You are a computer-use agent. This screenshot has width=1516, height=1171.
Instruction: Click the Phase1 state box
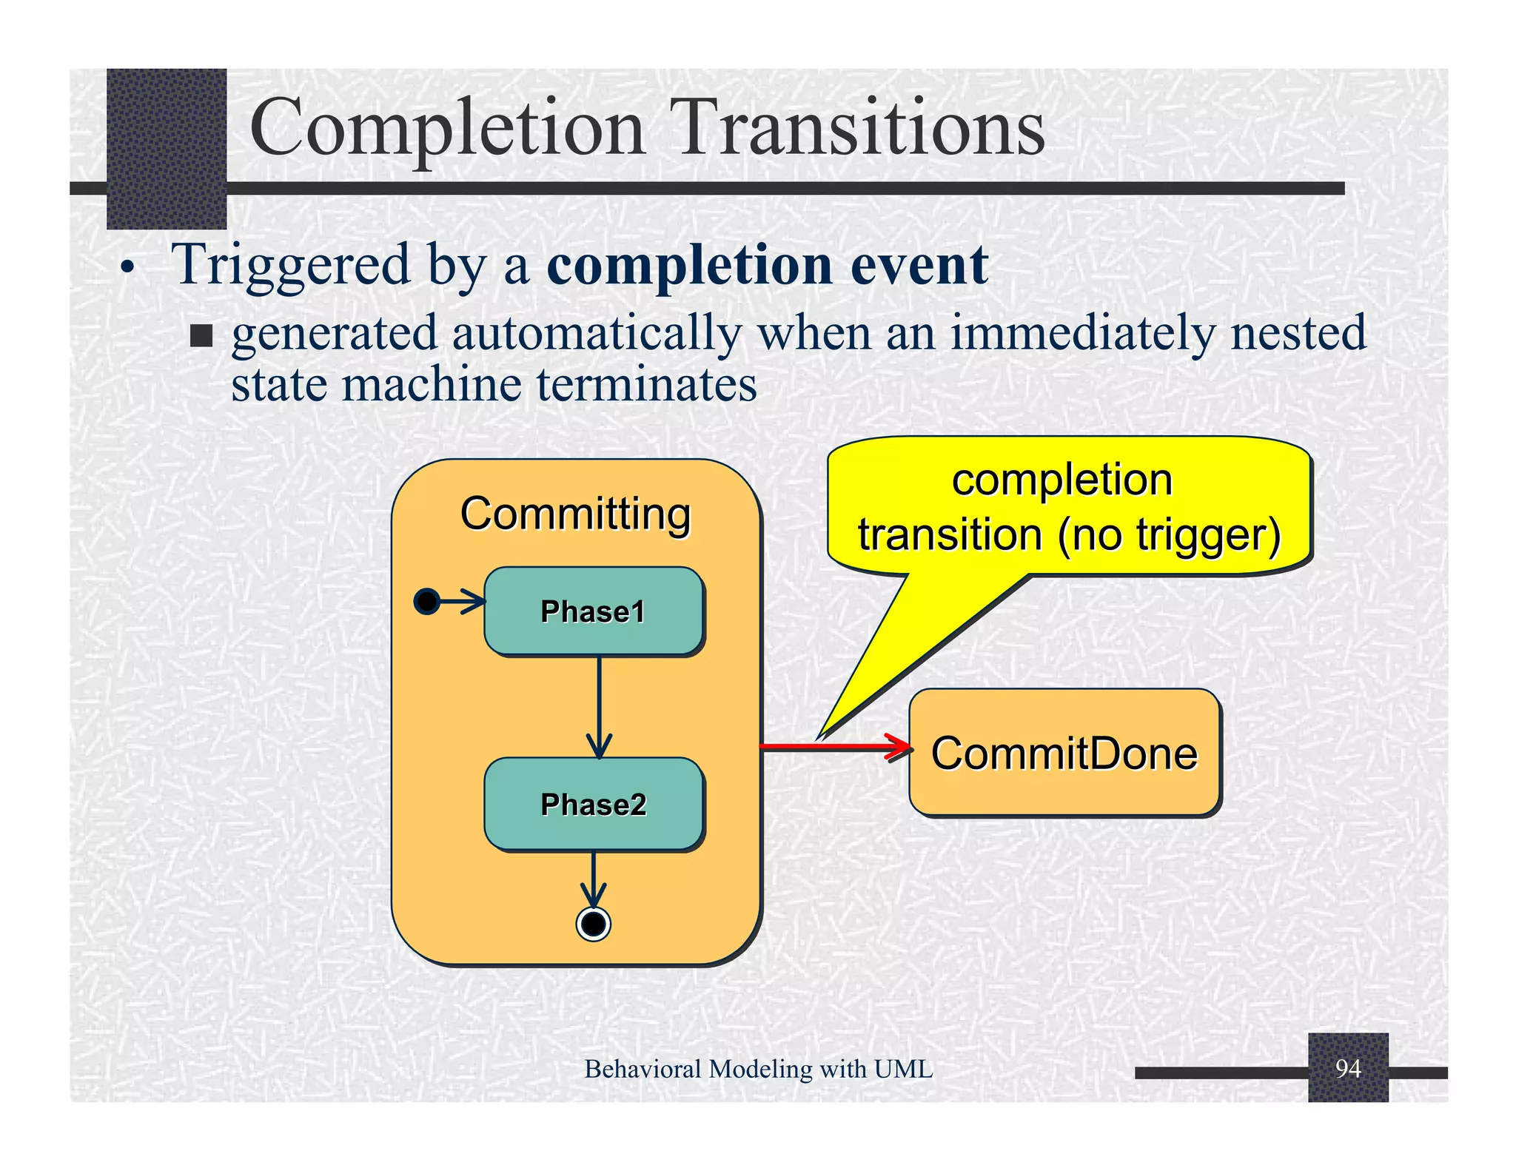tap(594, 611)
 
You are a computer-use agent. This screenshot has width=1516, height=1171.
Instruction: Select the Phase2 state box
tap(594, 804)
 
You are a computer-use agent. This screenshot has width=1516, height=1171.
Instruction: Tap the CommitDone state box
tap(1064, 753)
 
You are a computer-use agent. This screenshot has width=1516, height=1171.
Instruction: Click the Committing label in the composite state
tap(575, 514)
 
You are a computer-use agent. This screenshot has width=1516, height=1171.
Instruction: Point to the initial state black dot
tap(426, 601)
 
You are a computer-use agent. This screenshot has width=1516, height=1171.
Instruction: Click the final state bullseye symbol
tap(593, 924)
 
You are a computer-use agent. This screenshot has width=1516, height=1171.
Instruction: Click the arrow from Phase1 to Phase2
tap(599, 707)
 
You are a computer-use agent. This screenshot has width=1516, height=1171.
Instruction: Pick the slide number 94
tap(1347, 1068)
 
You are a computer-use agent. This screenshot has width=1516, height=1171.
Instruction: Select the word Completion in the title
tap(447, 129)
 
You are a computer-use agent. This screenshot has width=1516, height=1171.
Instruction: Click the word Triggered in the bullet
tap(290, 265)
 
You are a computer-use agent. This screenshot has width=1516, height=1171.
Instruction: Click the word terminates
tap(646, 385)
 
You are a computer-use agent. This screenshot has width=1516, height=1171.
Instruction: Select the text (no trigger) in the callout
tap(1169, 534)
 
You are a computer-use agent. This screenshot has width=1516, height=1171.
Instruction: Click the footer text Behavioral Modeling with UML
tap(758, 1069)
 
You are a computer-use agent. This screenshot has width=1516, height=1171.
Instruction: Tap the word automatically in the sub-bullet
tap(597, 333)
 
